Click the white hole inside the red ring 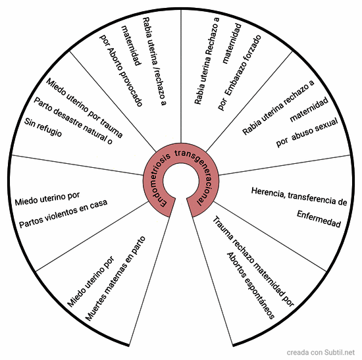[181, 181]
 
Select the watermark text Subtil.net [340, 352]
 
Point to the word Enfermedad [319, 219]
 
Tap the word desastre [67, 118]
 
